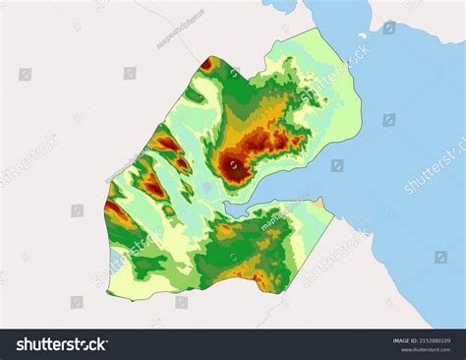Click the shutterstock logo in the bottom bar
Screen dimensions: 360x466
click(62, 344)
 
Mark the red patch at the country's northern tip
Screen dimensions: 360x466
click(206, 65)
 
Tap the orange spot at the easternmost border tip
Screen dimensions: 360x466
click(320, 202)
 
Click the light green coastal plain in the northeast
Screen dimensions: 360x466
click(329, 108)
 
